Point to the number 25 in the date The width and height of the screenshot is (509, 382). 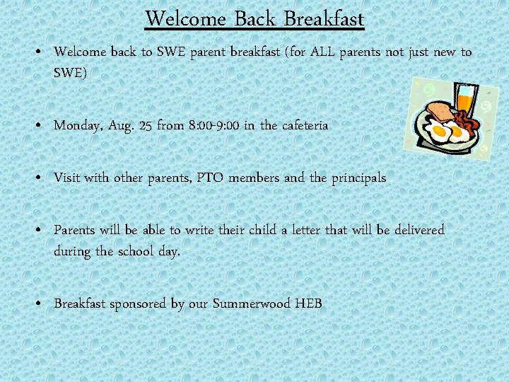point(146,126)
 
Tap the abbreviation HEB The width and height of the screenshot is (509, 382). point(309,304)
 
